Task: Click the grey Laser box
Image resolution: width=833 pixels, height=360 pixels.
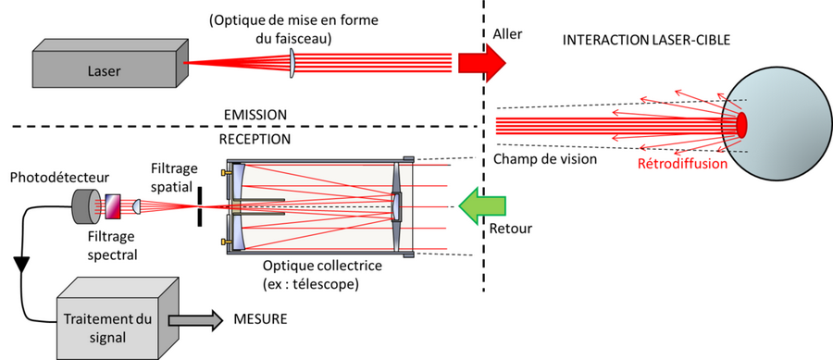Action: [110, 63]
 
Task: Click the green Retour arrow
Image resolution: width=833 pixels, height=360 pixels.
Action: [482, 206]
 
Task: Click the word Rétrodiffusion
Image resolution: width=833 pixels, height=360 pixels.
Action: [682, 164]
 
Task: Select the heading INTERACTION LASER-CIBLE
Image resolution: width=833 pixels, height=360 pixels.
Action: [647, 40]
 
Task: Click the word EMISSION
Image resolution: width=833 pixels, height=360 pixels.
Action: [255, 115]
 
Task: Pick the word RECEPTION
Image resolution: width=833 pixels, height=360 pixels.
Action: [255, 140]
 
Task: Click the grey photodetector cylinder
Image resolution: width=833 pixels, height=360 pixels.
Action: [86, 206]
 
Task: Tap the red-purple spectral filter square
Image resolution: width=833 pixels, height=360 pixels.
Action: [113, 206]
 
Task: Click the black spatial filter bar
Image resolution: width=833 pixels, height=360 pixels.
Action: [199, 206]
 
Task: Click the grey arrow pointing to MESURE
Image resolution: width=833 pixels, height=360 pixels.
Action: [195, 320]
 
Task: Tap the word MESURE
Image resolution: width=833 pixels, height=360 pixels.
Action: [260, 319]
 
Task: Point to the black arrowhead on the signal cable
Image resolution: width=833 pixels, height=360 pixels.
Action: [22, 264]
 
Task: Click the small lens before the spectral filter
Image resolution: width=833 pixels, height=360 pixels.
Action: [135, 206]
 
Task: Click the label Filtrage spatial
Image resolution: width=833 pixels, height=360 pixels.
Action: [173, 176]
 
